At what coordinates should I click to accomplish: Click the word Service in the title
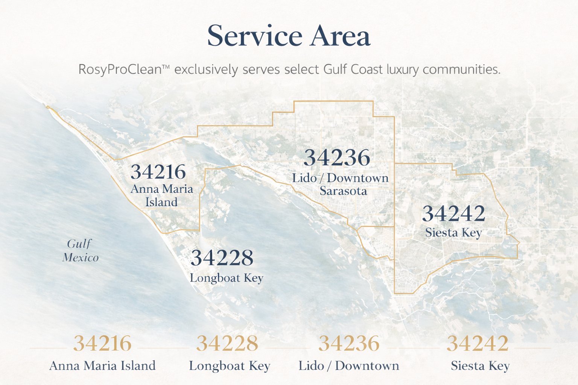[254, 36]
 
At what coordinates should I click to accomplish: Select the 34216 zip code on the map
[158, 172]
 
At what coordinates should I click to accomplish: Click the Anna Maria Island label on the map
[162, 196]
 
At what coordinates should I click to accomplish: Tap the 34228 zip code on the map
[222, 258]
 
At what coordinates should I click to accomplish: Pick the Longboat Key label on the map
[226, 278]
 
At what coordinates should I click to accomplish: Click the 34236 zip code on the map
[337, 158]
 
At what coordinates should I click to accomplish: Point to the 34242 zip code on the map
[453, 214]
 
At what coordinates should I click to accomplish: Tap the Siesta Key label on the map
[453, 233]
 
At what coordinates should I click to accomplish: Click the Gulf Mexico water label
[80, 251]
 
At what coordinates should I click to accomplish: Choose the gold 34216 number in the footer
[102, 343]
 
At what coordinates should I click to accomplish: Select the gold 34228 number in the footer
[227, 343]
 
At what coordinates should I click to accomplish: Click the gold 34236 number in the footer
[349, 343]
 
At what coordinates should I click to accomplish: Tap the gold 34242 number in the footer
[478, 343]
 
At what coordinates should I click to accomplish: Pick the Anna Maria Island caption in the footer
[102, 365]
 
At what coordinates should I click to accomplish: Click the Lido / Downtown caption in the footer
[349, 365]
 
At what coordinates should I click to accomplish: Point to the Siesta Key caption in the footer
[480, 365]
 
